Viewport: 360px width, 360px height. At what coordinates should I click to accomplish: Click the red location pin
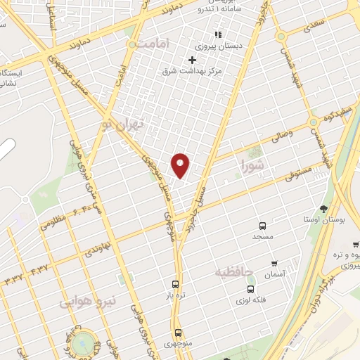181,165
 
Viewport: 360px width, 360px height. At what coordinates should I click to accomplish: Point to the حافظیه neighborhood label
232,271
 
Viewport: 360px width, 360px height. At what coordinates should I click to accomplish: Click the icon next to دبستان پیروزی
218,34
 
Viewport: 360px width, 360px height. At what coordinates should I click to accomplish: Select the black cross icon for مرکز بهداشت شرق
192,60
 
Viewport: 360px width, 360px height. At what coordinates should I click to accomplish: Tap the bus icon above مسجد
262,226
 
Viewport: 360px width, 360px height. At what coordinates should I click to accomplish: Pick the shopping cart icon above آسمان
273,264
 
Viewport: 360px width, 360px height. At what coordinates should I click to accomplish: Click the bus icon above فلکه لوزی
250,288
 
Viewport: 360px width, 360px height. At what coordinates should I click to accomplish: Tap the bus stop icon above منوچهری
177,333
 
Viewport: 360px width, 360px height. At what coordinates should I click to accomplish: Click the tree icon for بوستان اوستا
323,208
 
